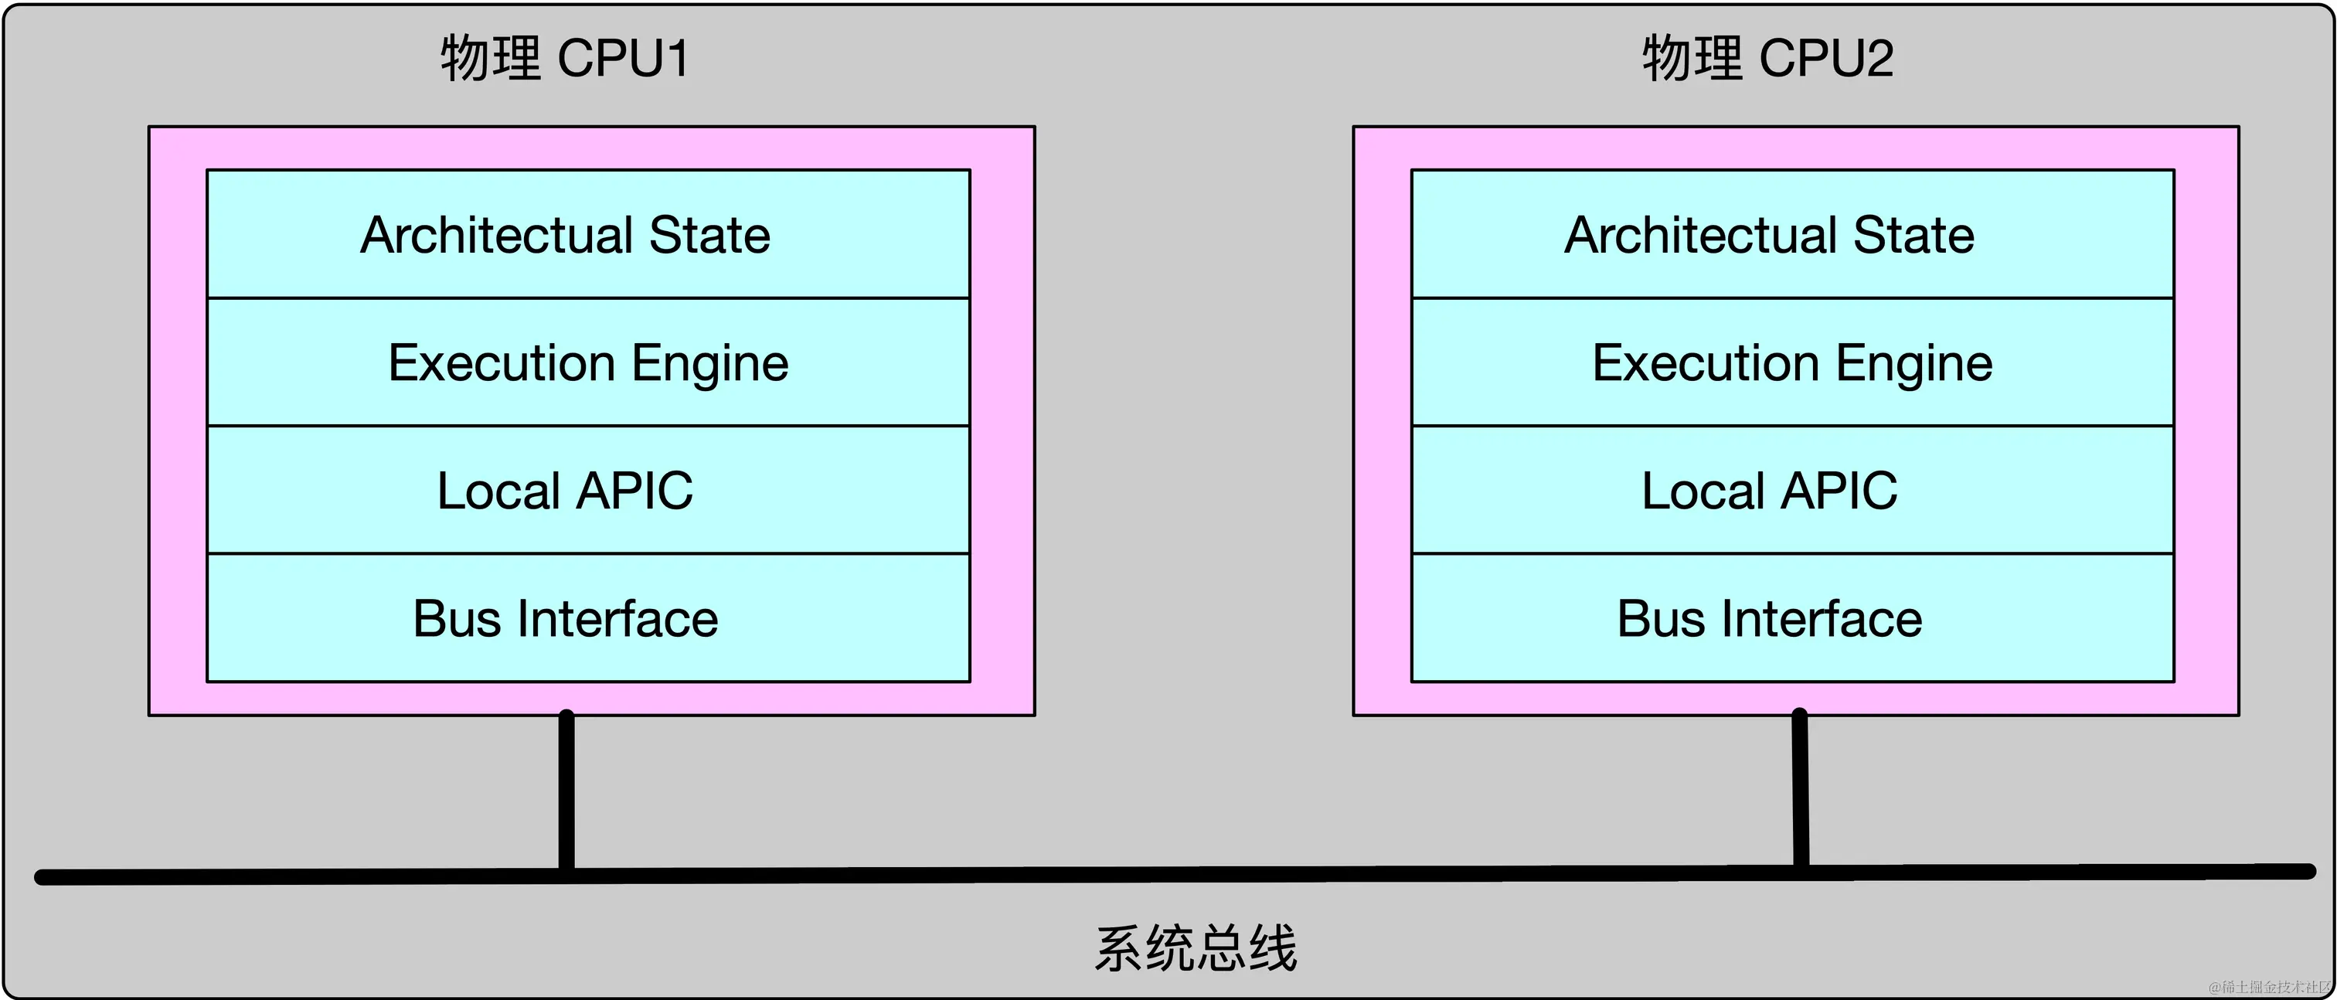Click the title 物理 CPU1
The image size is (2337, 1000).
pyautogui.click(x=564, y=59)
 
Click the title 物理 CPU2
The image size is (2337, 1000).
pyautogui.click(x=1767, y=59)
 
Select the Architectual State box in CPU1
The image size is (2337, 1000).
pyautogui.click(x=588, y=234)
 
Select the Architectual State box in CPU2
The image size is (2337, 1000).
pyautogui.click(x=1791, y=234)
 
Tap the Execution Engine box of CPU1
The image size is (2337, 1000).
pyautogui.click(x=588, y=363)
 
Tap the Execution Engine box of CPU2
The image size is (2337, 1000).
pyautogui.click(x=1791, y=363)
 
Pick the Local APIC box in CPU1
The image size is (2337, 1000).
pyautogui.click(x=588, y=491)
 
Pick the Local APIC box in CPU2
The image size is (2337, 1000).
pyautogui.click(x=1791, y=491)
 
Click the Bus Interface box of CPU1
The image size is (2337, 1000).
pyautogui.click(x=588, y=619)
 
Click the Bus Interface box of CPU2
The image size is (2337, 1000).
pyautogui.click(x=1791, y=619)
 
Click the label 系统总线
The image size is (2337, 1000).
pyautogui.click(x=1196, y=949)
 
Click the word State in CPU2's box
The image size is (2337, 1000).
pyautogui.click(x=1913, y=235)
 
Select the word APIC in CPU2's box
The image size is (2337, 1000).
pyautogui.click(x=1839, y=491)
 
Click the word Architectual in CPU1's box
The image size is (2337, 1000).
pyautogui.click(x=496, y=235)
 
